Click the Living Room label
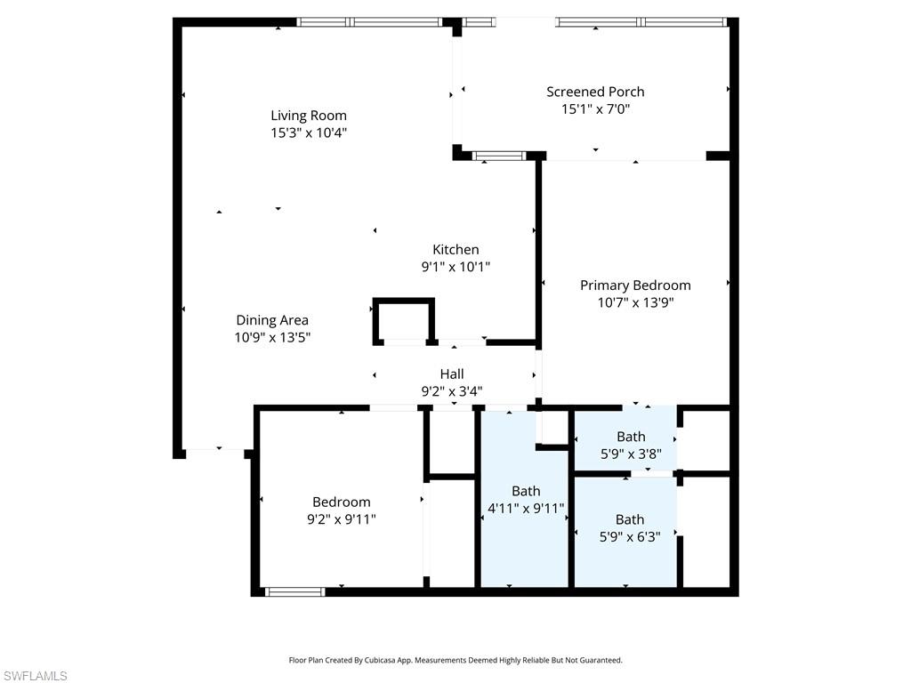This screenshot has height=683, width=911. [309, 116]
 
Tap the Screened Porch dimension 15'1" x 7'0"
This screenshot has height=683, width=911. [595, 109]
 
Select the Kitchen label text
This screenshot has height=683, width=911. [455, 250]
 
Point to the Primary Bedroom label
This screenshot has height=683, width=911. [635, 285]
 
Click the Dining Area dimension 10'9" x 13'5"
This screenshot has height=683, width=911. [272, 338]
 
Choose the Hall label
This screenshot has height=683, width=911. [451, 374]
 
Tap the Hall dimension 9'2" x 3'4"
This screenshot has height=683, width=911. [451, 390]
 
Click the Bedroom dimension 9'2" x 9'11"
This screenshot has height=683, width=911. [341, 519]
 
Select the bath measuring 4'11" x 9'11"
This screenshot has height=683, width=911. [525, 500]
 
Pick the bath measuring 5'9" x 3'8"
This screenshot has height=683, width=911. [631, 445]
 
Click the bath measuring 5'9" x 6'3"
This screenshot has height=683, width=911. [629, 528]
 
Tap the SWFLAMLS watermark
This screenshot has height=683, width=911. [36, 677]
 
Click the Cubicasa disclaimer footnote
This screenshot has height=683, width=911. [455, 660]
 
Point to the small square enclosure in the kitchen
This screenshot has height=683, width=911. [403, 320]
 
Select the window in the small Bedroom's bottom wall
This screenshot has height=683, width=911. [295, 591]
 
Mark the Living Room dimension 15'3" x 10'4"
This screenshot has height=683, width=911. [309, 133]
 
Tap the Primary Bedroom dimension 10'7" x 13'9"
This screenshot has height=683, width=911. [635, 302]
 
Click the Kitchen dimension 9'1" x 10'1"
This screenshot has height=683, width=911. [455, 267]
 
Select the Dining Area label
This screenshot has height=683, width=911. [272, 320]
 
